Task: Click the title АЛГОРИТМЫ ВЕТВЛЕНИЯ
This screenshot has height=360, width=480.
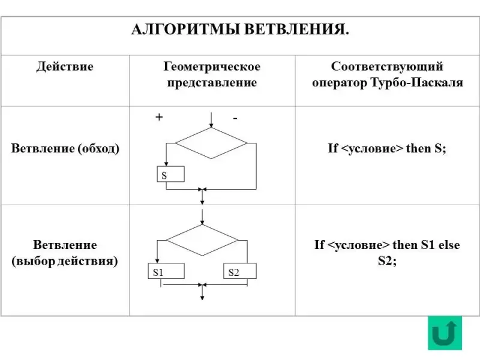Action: [x=239, y=29]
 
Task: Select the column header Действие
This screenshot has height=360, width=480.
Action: [x=65, y=67]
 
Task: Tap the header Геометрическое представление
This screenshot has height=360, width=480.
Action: [x=211, y=74]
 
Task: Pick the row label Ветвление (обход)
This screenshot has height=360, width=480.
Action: [x=65, y=149]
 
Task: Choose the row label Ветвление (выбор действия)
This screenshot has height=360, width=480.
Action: [x=65, y=253]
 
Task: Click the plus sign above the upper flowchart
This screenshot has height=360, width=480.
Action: [x=159, y=118]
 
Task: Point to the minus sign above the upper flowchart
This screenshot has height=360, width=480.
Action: [x=235, y=119]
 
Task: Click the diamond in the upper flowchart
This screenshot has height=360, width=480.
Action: [x=211, y=143]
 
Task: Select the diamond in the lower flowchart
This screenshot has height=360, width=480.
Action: [x=202, y=241]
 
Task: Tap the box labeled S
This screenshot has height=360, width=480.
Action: [x=171, y=175]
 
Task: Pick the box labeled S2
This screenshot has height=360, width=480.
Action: [x=240, y=272]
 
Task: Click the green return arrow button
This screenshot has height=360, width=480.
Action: [x=445, y=333]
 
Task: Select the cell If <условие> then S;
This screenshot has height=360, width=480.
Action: [x=387, y=149]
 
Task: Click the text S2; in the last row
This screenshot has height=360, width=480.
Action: [x=387, y=261]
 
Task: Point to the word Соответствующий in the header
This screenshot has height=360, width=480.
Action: [x=387, y=67]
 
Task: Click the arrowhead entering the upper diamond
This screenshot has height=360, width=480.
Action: [x=211, y=125]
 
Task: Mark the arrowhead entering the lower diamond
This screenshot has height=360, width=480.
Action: [x=202, y=222]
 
